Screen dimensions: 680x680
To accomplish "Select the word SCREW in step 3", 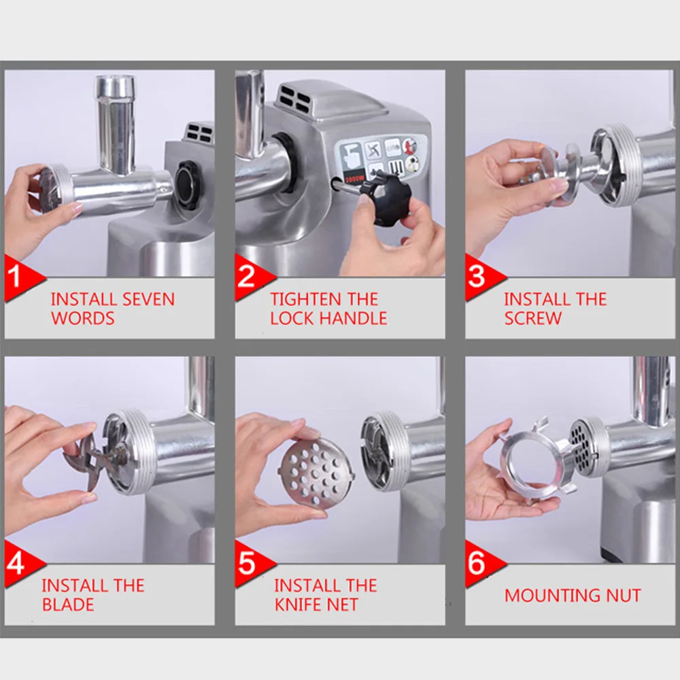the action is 532,318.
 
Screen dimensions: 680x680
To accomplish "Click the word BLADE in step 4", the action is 68,605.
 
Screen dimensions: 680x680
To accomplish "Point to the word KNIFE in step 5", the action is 299,605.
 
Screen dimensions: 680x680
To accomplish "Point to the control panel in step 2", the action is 381,158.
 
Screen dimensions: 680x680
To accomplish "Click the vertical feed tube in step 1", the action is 115,124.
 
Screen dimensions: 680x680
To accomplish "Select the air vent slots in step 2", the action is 295,99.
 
